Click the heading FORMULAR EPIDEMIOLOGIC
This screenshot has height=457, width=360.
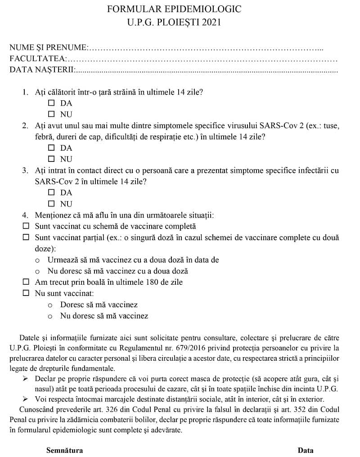point(174,9)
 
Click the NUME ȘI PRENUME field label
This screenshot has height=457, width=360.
point(48,48)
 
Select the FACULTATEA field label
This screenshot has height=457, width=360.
point(38,58)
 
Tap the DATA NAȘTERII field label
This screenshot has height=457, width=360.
point(42,70)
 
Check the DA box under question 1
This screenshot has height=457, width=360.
point(51,103)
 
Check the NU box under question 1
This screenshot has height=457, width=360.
point(51,114)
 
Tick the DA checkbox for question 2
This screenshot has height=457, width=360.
point(51,148)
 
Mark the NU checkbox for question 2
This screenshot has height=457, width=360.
point(51,159)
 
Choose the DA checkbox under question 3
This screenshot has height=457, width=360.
point(51,193)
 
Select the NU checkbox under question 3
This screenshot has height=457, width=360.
point(51,204)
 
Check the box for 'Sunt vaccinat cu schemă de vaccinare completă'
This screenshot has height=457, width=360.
point(26,226)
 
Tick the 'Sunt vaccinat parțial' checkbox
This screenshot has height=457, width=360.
point(26,237)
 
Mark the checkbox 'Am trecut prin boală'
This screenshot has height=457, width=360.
point(26,282)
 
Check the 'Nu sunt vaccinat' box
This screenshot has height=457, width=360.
point(26,293)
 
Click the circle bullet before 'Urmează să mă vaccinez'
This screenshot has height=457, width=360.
point(37,260)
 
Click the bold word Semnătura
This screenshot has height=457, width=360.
point(64,450)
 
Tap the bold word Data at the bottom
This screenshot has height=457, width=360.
point(306,450)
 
